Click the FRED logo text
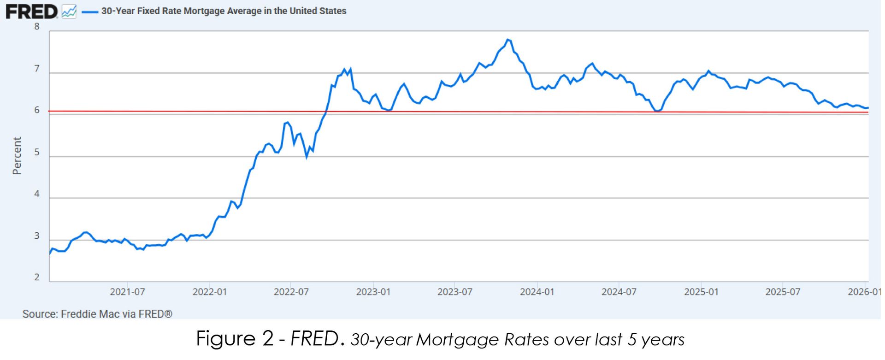[31, 12]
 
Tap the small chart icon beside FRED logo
[69, 12]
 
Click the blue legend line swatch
[90, 12]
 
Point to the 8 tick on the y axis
[37, 27]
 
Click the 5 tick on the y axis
[37, 153]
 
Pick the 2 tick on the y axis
[37, 277]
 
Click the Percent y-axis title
[17, 156]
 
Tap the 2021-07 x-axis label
[127, 292]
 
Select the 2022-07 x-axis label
[291, 292]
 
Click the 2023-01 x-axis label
[373, 292]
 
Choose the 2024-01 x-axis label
[537, 292]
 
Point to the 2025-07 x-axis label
[783, 292]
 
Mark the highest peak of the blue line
[507, 40]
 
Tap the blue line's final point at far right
[868, 108]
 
